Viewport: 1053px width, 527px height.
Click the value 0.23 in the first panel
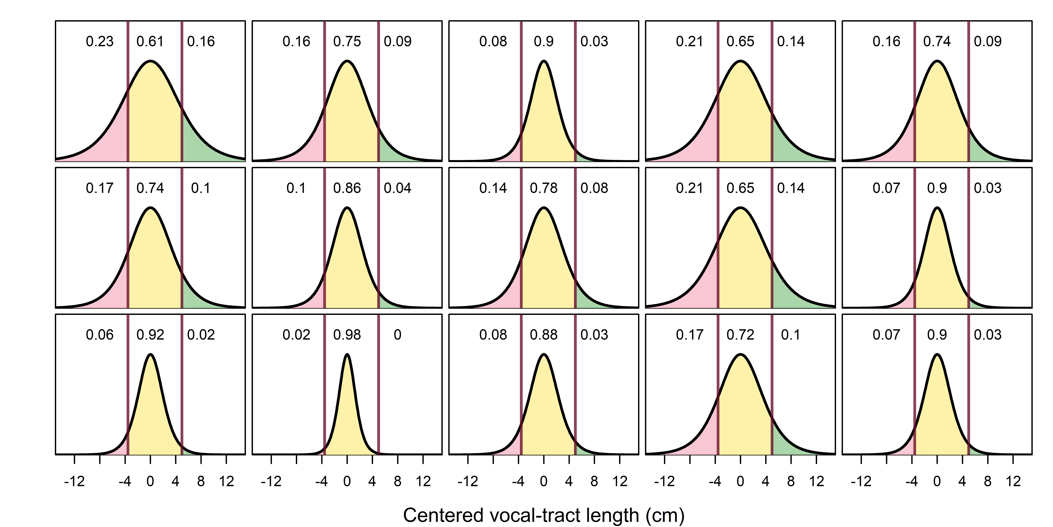(x=100, y=41)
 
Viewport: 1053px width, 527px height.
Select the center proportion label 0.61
(x=150, y=41)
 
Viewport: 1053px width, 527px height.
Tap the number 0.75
(x=347, y=41)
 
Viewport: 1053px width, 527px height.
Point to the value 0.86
(x=347, y=188)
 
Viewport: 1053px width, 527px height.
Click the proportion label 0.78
(x=544, y=188)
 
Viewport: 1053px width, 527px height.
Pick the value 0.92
(x=150, y=335)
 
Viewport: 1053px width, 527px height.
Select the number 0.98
(x=347, y=335)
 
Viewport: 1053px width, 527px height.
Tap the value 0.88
(x=544, y=335)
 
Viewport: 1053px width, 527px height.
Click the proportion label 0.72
(x=740, y=335)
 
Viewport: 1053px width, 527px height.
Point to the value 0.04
(x=397, y=188)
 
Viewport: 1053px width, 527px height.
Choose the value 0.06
(x=100, y=335)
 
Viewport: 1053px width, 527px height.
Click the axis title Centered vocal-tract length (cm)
(x=544, y=516)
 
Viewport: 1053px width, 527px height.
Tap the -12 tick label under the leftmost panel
(x=74, y=482)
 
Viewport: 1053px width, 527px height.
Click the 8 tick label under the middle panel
(x=594, y=482)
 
